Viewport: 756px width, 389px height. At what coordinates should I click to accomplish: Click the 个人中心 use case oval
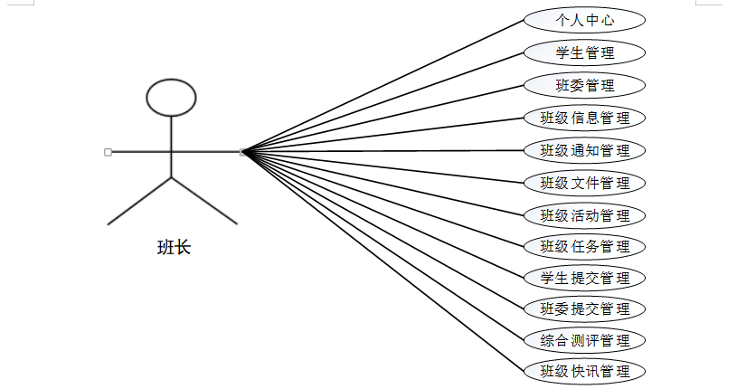[584, 20]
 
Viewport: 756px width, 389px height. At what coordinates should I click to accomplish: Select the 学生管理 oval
[584, 52]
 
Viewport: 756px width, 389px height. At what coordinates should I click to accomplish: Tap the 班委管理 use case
[584, 85]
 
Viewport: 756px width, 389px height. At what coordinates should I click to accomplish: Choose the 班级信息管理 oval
[584, 118]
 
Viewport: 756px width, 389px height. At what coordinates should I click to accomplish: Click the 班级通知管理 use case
[584, 150]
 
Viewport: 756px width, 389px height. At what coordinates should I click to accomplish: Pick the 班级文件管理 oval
[584, 183]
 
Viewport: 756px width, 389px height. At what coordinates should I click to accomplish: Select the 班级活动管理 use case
[584, 215]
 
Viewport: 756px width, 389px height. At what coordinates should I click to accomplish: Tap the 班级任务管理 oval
[584, 246]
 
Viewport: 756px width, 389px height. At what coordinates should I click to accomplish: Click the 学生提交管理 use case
[584, 277]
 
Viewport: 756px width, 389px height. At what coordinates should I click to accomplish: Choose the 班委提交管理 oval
[584, 308]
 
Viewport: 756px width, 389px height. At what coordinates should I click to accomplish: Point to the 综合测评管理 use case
[584, 340]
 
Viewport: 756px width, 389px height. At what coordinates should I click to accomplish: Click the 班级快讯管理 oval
[584, 371]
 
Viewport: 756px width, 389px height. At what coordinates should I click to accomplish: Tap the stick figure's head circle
[172, 98]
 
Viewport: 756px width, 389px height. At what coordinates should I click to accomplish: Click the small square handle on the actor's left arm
[109, 152]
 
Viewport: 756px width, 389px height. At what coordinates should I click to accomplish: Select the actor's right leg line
[204, 201]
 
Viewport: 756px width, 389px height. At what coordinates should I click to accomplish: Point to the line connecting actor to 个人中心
[384, 86]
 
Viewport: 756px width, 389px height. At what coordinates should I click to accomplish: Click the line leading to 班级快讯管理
[384, 261]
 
